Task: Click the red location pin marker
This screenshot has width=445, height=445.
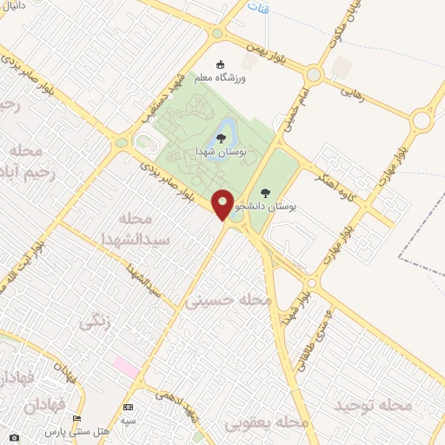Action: coord(223,205)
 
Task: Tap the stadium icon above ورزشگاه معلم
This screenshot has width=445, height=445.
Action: coord(219,64)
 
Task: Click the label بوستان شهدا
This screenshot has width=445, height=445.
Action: coord(222,151)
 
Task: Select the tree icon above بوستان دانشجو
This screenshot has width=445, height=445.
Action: coord(265,192)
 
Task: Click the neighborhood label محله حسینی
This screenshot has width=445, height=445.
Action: coord(229,301)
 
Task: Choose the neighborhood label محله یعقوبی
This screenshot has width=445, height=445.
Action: coord(268,422)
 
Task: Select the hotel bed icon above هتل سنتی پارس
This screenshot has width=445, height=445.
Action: coord(76,419)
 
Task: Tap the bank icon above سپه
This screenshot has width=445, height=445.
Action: coord(129,407)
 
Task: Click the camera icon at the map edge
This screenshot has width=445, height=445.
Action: coord(12,437)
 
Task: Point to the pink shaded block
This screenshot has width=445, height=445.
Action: coord(126,367)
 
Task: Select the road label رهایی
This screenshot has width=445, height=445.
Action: coord(357,88)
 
